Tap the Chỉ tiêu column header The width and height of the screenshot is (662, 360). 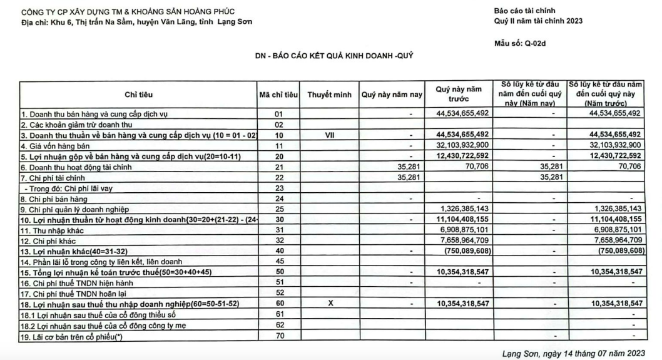click(x=138, y=95)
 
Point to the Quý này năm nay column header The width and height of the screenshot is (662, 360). click(x=392, y=95)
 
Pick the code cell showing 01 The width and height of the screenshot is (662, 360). click(x=278, y=114)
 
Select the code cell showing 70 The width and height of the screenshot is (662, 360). click(x=278, y=336)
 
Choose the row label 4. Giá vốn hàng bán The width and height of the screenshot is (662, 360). click(x=54, y=145)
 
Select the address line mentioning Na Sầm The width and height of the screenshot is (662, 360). click(x=137, y=23)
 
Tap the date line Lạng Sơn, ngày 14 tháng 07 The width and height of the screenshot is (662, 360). click(x=573, y=354)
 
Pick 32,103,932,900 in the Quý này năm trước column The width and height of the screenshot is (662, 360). click(x=459, y=145)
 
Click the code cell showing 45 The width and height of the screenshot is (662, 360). click(x=278, y=261)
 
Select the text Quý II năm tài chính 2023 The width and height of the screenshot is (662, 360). click(x=537, y=21)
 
